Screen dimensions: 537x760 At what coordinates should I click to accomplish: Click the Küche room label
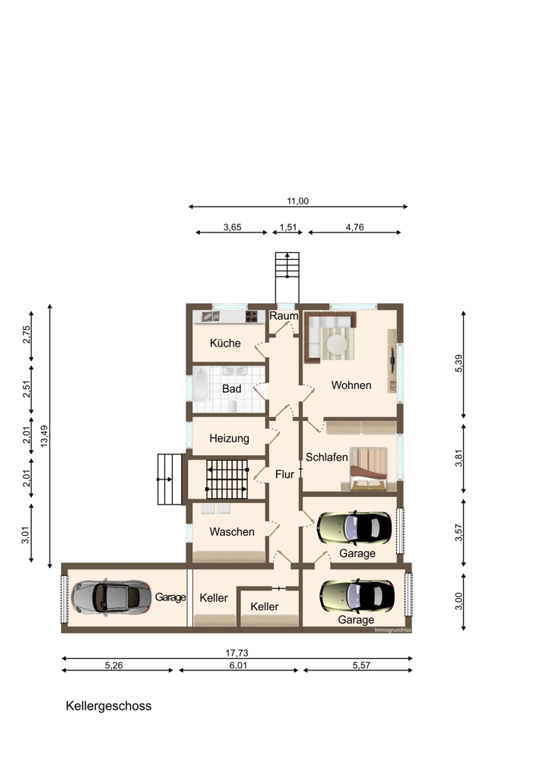(x=225, y=344)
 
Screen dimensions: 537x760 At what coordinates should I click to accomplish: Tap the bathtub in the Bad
(x=201, y=385)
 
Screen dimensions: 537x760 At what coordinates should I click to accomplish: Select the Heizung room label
(x=229, y=439)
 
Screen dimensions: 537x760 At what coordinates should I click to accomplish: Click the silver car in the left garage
(x=111, y=597)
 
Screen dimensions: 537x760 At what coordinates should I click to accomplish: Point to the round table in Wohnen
(x=337, y=344)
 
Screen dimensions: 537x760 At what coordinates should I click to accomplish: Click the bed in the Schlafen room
(x=369, y=469)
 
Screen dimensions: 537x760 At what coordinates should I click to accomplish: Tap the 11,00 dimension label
(x=297, y=201)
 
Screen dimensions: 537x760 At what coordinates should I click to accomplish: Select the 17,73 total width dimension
(x=237, y=653)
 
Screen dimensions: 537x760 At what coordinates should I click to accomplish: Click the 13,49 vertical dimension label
(x=44, y=435)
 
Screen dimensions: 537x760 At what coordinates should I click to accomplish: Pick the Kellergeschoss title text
(x=109, y=706)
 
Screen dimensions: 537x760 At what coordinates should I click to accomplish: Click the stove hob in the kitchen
(x=251, y=316)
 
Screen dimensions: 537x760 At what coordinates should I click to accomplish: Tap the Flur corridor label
(x=284, y=474)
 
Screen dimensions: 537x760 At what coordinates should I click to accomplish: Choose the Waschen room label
(x=232, y=532)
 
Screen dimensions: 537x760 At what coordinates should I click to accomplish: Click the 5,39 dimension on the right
(x=459, y=363)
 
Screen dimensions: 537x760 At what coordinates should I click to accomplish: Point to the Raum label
(x=284, y=316)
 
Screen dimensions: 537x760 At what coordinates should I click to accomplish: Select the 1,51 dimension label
(x=288, y=227)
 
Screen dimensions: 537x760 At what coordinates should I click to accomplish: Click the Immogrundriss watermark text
(x=392, y=630)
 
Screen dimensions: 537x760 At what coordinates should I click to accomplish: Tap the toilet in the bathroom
(x=233, y=406)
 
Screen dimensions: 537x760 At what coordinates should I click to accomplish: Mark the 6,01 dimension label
(x=238, y=666)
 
